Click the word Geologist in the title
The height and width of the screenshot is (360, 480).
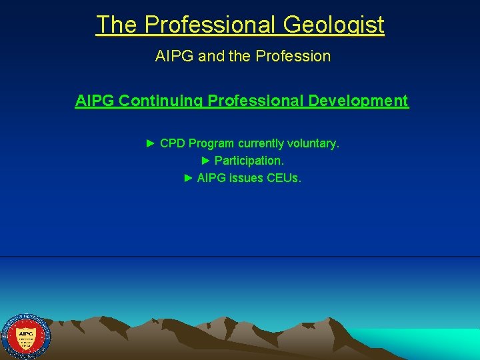pos(333,25)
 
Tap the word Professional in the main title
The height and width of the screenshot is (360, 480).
pos(210,25)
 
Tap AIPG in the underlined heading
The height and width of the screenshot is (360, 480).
pos(95,101)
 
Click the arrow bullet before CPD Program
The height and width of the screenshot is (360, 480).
pos(151,143)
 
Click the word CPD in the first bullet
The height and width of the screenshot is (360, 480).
pos(173,143)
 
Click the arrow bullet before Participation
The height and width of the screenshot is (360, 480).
pos(205,161)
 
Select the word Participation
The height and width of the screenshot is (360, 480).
pos(249,161)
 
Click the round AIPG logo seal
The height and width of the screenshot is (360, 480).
pos(26,336)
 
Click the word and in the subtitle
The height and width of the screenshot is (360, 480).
pos(212,56)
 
